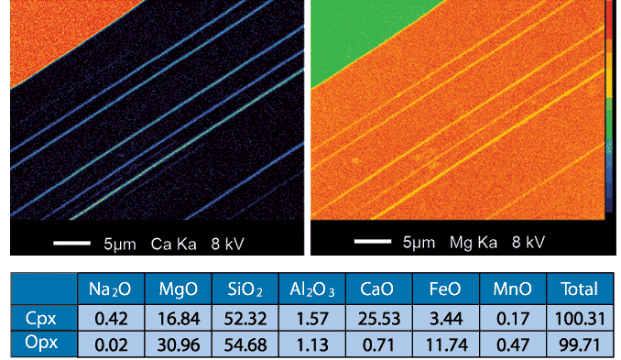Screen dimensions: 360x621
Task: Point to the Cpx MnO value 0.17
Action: click(x=512, y=317)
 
